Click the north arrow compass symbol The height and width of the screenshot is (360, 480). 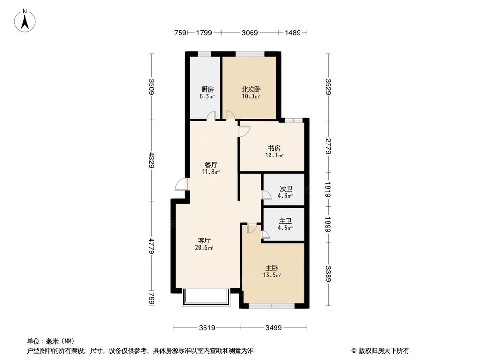pos(26,21)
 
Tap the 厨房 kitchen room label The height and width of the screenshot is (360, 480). pos(207,89)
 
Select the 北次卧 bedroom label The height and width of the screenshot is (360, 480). pos(251,89)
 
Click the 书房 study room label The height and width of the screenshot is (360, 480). pos(274,148)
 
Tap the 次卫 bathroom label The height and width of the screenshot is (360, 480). pos(286,189)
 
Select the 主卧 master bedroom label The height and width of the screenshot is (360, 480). pos(272,268)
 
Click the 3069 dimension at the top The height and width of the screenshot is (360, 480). pos(250,33)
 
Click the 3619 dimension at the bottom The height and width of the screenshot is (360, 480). pos(207,328)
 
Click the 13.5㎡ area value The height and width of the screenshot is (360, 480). pos(272,276)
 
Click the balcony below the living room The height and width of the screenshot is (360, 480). pos(206,298)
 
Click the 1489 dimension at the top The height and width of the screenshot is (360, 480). pos(292,33)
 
